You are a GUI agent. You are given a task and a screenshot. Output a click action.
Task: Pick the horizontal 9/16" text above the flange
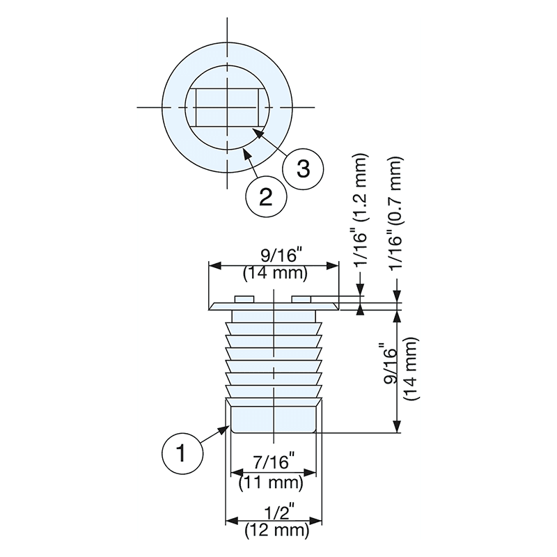(x=274, y=255)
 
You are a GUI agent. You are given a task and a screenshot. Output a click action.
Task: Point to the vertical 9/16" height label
(x=391, y=363)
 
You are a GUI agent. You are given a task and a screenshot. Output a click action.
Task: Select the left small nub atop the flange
(x=244, y=299)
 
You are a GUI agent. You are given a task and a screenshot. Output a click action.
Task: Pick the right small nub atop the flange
(x=301, y=299)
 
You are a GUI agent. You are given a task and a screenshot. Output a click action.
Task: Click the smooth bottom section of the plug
(x=274, y=417)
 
